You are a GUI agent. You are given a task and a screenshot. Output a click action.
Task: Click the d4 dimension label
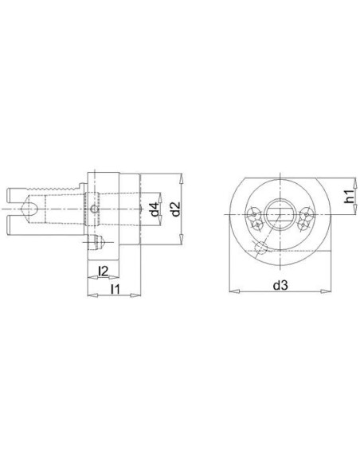tap(154, 209)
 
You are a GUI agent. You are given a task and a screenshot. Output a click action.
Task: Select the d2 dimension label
tap(176, 209)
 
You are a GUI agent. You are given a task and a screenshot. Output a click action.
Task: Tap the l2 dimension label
tap(103, 271)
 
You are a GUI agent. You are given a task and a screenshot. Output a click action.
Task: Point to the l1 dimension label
tap(115, 289)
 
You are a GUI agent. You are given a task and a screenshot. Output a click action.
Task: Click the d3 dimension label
tap(280, 285)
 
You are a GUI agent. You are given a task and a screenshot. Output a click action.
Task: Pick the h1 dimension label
tap(350, 197)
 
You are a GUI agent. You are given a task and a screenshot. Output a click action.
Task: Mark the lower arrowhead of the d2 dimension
tap(182, 239)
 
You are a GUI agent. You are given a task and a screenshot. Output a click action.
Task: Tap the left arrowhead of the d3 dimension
tap(235, 291)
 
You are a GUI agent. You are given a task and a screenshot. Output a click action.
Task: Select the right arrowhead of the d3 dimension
tap(326, 291)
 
